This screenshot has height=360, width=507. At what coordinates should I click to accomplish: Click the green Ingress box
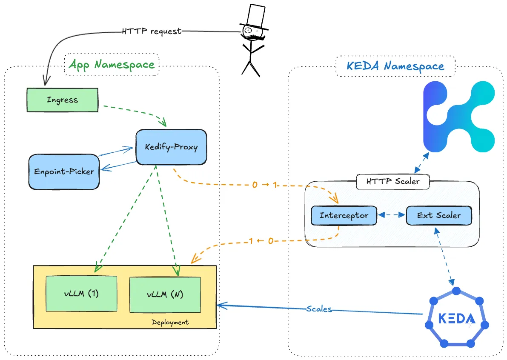tap(62, 100)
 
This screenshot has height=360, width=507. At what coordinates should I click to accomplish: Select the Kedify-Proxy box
tap(171, 147)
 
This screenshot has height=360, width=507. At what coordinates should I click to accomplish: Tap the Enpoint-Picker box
tap(64, 171)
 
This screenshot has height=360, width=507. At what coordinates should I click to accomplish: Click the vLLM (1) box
tap(81, 294)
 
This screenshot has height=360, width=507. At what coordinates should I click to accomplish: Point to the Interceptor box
tap(344, 215)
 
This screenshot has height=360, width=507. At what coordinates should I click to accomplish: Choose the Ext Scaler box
tap(438, 215)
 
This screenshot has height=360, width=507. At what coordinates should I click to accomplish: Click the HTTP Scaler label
tap(392, 181)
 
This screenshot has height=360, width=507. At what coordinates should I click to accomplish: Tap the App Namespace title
tap(112, 65)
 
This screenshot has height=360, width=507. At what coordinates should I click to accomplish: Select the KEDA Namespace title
tap(395, 66)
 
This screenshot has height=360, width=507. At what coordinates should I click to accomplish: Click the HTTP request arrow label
tap(151, 31)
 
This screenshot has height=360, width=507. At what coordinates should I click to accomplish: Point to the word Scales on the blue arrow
tap(319, 309)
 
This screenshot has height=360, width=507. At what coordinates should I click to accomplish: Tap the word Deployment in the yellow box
tap(170, 322)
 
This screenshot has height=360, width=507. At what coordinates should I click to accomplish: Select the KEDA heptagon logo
tap(455, 318)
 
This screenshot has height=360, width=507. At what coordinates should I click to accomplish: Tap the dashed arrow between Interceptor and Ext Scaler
tap(391, 215)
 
